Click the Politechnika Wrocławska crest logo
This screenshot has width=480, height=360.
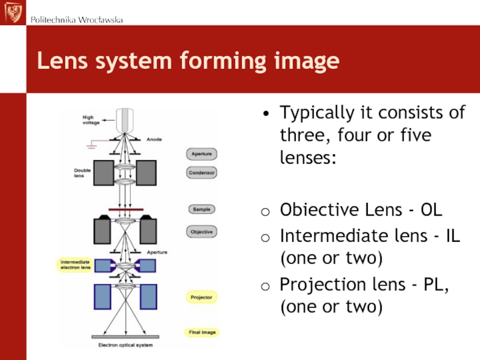[13, 12]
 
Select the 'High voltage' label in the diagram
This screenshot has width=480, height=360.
[91, 119]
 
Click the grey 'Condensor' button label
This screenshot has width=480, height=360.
[202, 172]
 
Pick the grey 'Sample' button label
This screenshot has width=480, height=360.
[202, 209]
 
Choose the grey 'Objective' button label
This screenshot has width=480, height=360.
[202, 232]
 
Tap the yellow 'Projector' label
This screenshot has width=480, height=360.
[202, 297]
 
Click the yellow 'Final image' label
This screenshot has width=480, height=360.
[201, 332]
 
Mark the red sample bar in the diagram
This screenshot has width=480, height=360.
[125, 209]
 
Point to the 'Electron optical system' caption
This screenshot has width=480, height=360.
[125, 345]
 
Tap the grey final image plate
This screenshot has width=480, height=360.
[125, 337]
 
